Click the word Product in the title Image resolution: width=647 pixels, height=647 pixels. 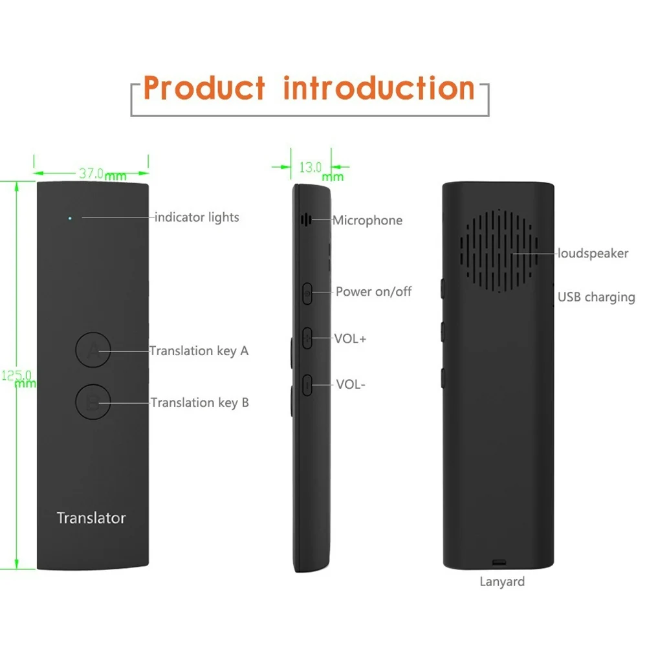tap(204, 88)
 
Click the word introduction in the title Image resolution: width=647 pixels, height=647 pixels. tap(379, 88)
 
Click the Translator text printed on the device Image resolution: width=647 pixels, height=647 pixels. tap(91, 518)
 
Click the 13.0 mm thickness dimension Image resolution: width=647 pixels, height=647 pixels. tap(312, 167)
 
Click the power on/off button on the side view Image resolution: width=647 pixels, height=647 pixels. tap(308, 293)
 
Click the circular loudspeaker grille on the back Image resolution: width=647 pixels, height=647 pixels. tap(499, 249)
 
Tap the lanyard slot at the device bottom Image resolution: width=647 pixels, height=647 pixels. tap(498, 561)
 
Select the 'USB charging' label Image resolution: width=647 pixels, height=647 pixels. tap(596, 298)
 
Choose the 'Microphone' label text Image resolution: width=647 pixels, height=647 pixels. tap(367, 221)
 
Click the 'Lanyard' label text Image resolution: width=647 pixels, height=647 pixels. tap(502, 582)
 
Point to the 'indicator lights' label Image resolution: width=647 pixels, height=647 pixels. tap(197, 217)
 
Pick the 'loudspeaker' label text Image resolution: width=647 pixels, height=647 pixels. tap(593, 254)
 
